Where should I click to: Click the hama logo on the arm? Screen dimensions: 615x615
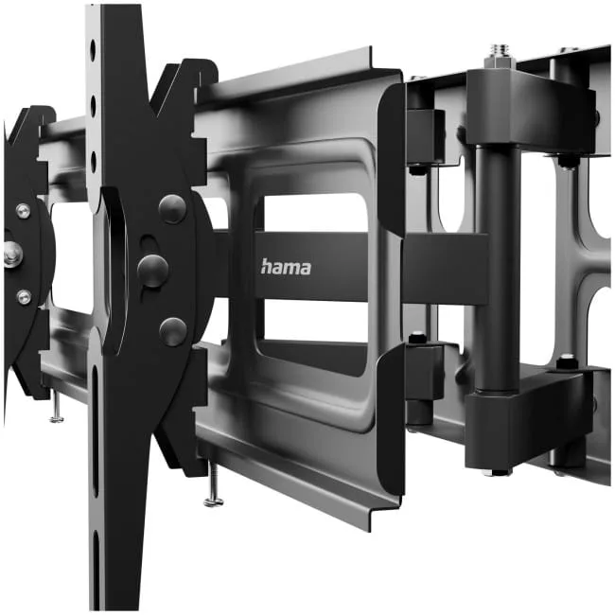286,267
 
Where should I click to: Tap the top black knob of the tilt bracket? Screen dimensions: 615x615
172,209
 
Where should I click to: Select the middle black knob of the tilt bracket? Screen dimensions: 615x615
152,271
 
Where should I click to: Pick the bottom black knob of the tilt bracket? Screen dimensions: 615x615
173,332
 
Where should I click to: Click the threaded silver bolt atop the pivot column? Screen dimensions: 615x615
499,56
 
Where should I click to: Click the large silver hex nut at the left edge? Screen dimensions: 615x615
12,254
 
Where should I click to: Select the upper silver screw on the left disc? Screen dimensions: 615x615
23,211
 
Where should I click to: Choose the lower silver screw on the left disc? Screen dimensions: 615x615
24,297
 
